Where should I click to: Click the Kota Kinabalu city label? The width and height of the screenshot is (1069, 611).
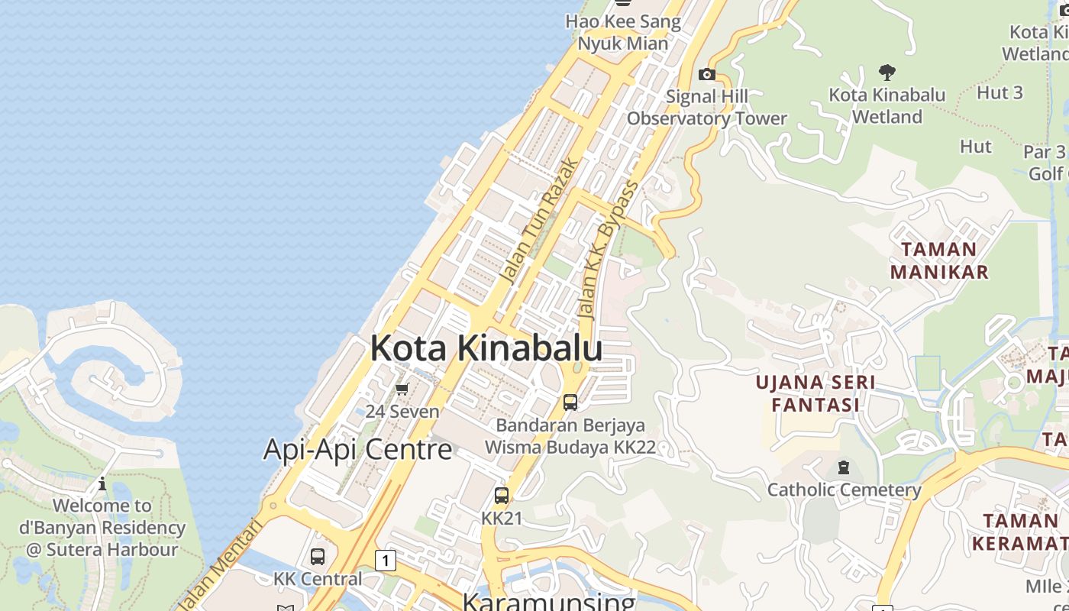(486, 348)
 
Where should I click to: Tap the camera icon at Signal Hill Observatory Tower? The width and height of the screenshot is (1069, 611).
(707, 74)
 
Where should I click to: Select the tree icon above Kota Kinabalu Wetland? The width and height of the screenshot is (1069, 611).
(887, 73)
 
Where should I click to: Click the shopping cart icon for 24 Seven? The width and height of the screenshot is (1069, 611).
(402, 390)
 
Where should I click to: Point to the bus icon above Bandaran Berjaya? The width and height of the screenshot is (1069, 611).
(570, 402)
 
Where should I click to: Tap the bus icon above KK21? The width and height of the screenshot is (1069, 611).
(501, 496)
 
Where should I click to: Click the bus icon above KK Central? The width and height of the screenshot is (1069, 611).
(318, 557)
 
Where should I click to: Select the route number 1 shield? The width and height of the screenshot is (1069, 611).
(386, 561)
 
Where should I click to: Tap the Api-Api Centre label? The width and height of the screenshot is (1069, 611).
(357, 449)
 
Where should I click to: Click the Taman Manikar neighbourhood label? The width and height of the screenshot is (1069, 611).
(939, 260)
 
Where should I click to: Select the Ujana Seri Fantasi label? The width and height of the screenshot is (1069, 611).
(815, 393)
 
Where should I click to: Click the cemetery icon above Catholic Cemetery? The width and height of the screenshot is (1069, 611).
(844, 467)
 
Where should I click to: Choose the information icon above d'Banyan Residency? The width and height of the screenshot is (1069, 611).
(102, 483)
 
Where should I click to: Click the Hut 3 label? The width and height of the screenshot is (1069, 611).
(1000, 93)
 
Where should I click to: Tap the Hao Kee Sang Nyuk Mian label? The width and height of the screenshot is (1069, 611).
(623, 32)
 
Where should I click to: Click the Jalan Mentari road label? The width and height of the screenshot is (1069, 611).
(221, 564)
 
